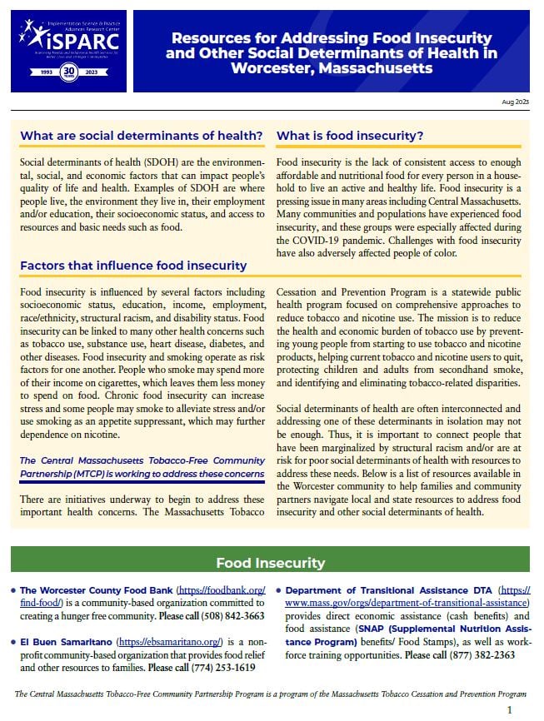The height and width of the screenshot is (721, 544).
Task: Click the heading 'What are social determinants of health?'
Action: (x=142, y=136)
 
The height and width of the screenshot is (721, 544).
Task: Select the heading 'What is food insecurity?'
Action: (x=350, y=136)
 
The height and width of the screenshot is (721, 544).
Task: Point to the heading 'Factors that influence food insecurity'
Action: (x=133, y=266)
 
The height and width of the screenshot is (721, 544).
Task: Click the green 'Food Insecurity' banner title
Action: (x=270, y=563)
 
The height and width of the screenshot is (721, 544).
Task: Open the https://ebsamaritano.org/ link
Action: (x=170, y=642)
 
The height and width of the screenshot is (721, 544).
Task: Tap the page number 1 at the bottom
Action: (x=509, y=709)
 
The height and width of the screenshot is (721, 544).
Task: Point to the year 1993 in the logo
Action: (x=39, y=72)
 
